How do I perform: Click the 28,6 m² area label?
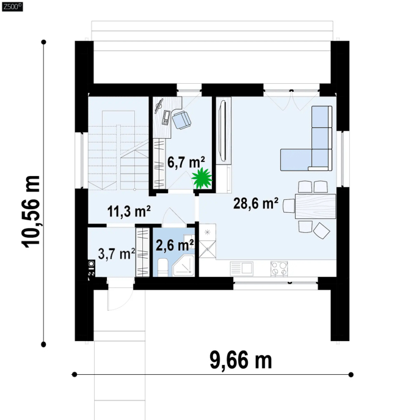pos(256,204)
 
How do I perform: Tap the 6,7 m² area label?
pos(186,162)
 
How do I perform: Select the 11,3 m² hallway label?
pos(129,212)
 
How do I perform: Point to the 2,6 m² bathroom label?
pos(175,245)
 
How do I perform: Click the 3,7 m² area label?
pos(117,254)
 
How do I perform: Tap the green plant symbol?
pos(202,178)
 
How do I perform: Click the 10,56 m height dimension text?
pos(31,212)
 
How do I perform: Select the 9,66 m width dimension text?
pos(241,361)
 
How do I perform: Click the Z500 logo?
pos(12,7)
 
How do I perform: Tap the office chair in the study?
pos(181,120)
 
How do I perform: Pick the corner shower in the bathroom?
pos(184,266)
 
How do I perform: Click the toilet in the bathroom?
pos(162,267)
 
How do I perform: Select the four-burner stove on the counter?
pos(279,268)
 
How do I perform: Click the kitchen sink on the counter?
pos(241,268)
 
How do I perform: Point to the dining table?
pos(315,206)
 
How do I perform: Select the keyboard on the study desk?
pos(166,118)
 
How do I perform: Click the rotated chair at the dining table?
pos(321,230)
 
